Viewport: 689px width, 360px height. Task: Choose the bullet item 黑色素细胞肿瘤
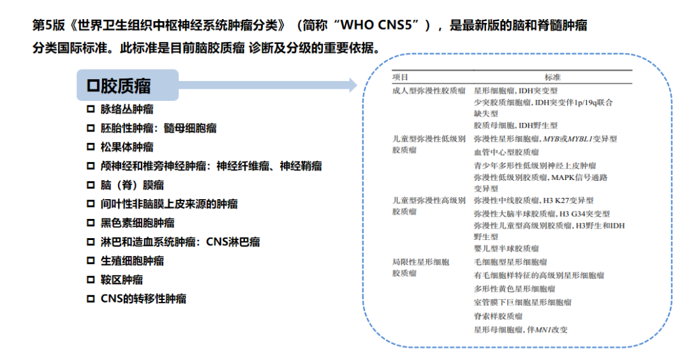point(137,223)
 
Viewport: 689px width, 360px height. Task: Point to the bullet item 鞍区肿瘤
point(121,280)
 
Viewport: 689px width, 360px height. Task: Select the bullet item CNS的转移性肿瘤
point(143,299)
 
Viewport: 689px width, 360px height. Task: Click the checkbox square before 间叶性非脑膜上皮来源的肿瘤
point(91,204)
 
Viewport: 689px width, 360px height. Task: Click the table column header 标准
point(552,77)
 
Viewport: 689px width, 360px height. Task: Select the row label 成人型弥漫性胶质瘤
point(428,91)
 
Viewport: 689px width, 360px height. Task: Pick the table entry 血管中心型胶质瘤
point(506,152)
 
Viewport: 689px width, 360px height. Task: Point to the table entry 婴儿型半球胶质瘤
point(506,248)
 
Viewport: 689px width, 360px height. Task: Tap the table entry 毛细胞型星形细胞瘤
point(510,262)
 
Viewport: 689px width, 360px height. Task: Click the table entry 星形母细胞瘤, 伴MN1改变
point(520,329)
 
